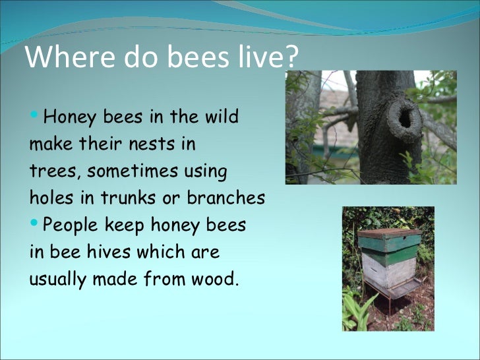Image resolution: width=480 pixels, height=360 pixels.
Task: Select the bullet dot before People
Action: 35,224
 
